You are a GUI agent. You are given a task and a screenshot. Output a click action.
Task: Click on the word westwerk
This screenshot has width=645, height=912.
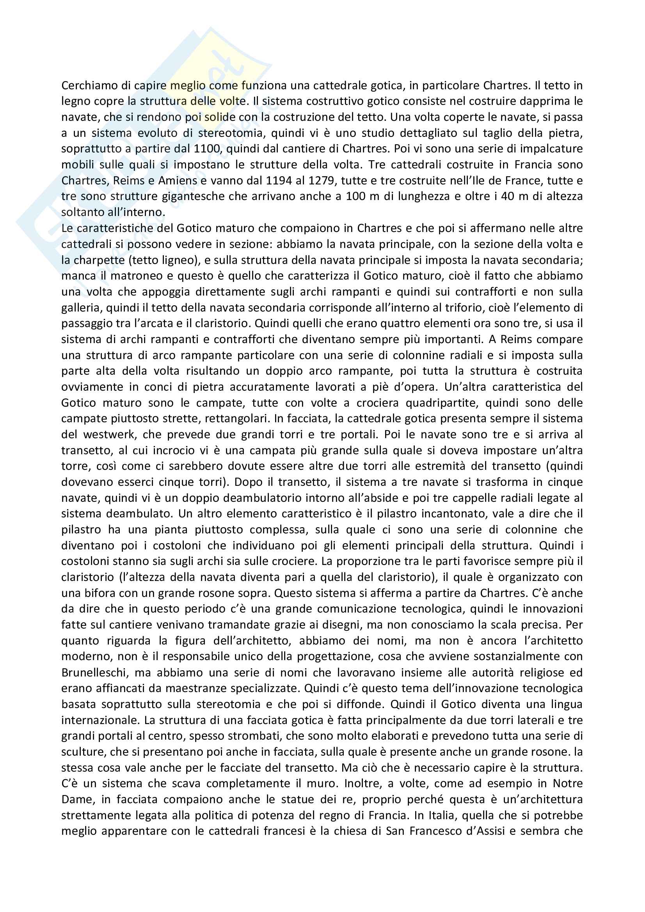tap(110, 434)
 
